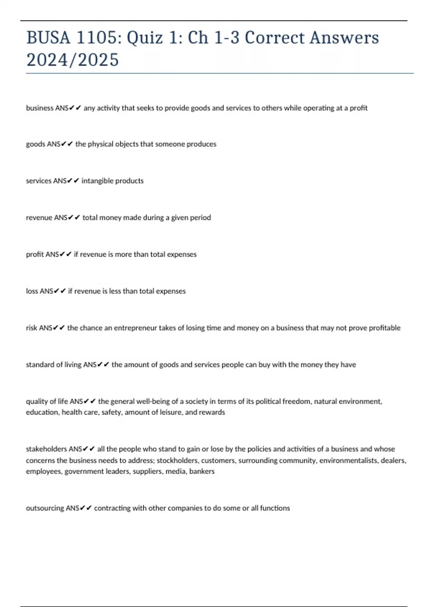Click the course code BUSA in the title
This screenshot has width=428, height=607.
pos(48,38)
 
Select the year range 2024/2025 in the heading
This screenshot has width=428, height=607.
pos(72,60)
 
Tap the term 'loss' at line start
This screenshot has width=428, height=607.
pos(32,291)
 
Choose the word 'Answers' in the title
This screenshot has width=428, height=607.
pos(344,38)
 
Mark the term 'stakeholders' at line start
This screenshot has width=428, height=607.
pos(46,449)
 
